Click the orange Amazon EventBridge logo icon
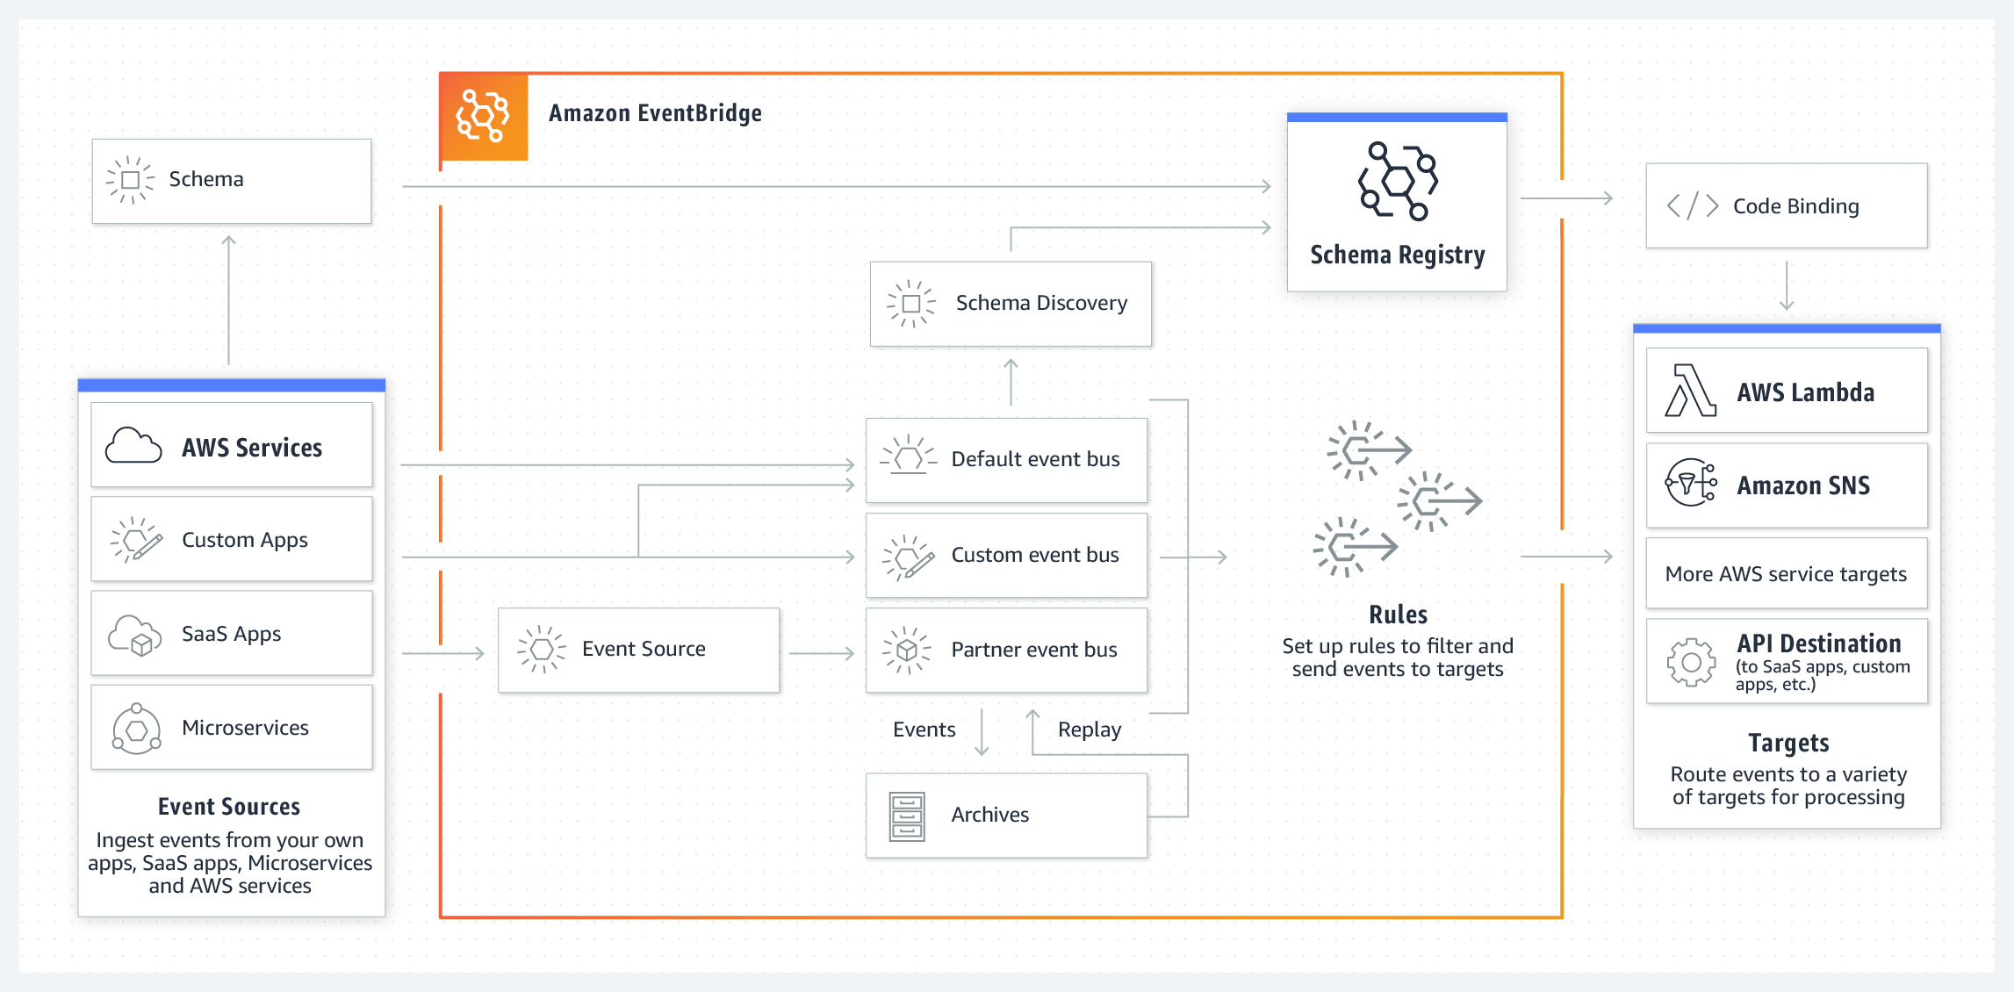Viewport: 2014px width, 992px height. (x=483, y=116)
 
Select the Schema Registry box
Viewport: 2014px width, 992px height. (x=1396, y=204)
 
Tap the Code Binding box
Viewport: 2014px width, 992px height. (x=1786, y=206)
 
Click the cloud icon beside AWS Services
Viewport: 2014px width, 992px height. (x=133, y=446)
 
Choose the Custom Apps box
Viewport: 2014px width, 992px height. (x=232, y=539)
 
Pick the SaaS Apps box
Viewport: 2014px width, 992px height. (x=232, y=633)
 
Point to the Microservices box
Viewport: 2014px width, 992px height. (x=232, y=727)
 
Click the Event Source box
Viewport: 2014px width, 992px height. (x=638, y=650)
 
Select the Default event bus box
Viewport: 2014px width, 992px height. (x=1006, y=460)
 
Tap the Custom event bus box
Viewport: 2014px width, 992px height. (x=1006, y=555)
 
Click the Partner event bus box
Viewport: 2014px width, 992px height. (x=1006, y=650)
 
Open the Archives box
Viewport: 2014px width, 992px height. (x=1006, y=815)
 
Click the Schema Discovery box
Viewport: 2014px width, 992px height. (x=1010, y=304)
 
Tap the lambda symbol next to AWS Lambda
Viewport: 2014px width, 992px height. (x=1690, y=391)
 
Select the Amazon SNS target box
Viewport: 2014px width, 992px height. (x=1786, y=485)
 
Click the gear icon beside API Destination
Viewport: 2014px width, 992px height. (x=1691, y=662)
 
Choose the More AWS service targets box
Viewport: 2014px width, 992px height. (x=1786, y=574)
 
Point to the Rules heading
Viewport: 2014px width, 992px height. (x=1398, y=615)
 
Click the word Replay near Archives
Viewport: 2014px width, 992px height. (x=1089, y=730)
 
